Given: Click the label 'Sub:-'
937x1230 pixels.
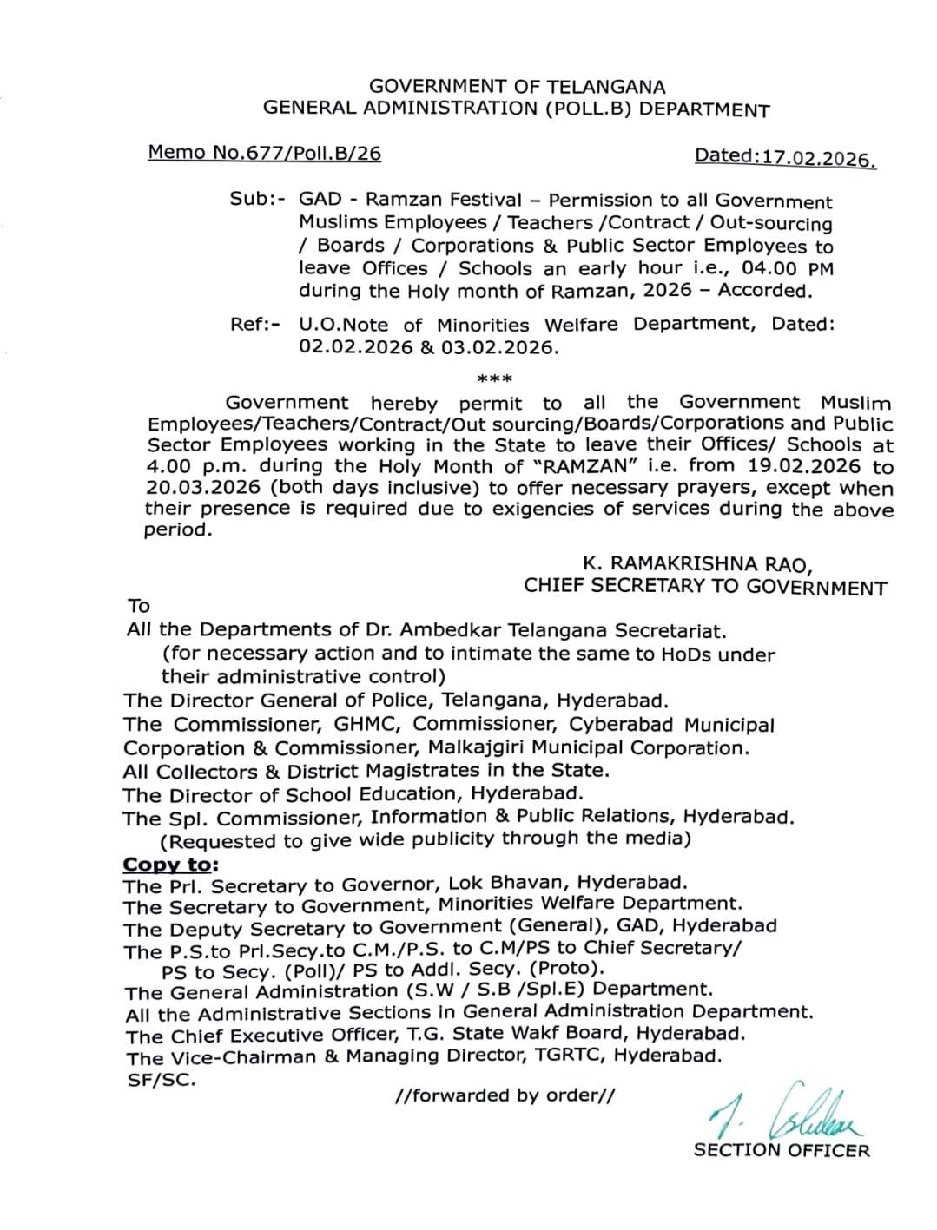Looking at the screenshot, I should [258, 199].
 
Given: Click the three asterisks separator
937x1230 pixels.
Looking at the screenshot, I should [495, 379].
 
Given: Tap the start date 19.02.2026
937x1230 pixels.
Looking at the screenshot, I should [802, 466].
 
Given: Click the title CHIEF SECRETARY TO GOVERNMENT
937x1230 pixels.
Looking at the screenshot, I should [705, 587].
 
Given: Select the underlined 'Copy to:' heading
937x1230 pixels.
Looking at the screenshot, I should [171, 865].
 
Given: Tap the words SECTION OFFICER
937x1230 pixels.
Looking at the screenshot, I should [782, 1151].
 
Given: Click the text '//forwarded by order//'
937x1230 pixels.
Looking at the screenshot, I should [505, 1095].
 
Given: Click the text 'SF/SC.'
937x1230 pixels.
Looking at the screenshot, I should [162, 1081].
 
